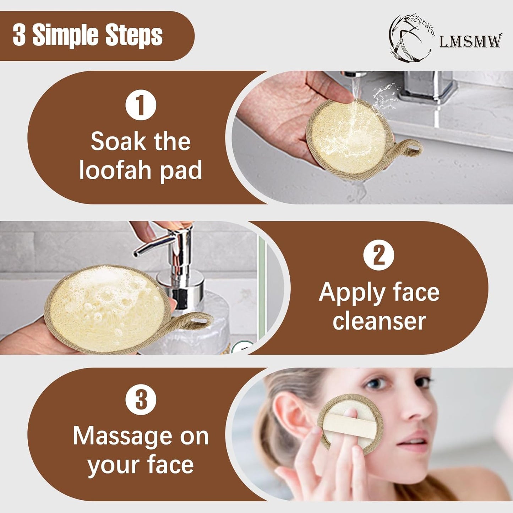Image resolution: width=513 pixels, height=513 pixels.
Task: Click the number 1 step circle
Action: [141, 105]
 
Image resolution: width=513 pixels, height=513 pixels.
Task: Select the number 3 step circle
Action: [141, 400]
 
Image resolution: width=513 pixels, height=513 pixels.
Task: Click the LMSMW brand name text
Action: [470, 41]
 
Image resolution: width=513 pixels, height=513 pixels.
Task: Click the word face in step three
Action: [170, 464]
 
